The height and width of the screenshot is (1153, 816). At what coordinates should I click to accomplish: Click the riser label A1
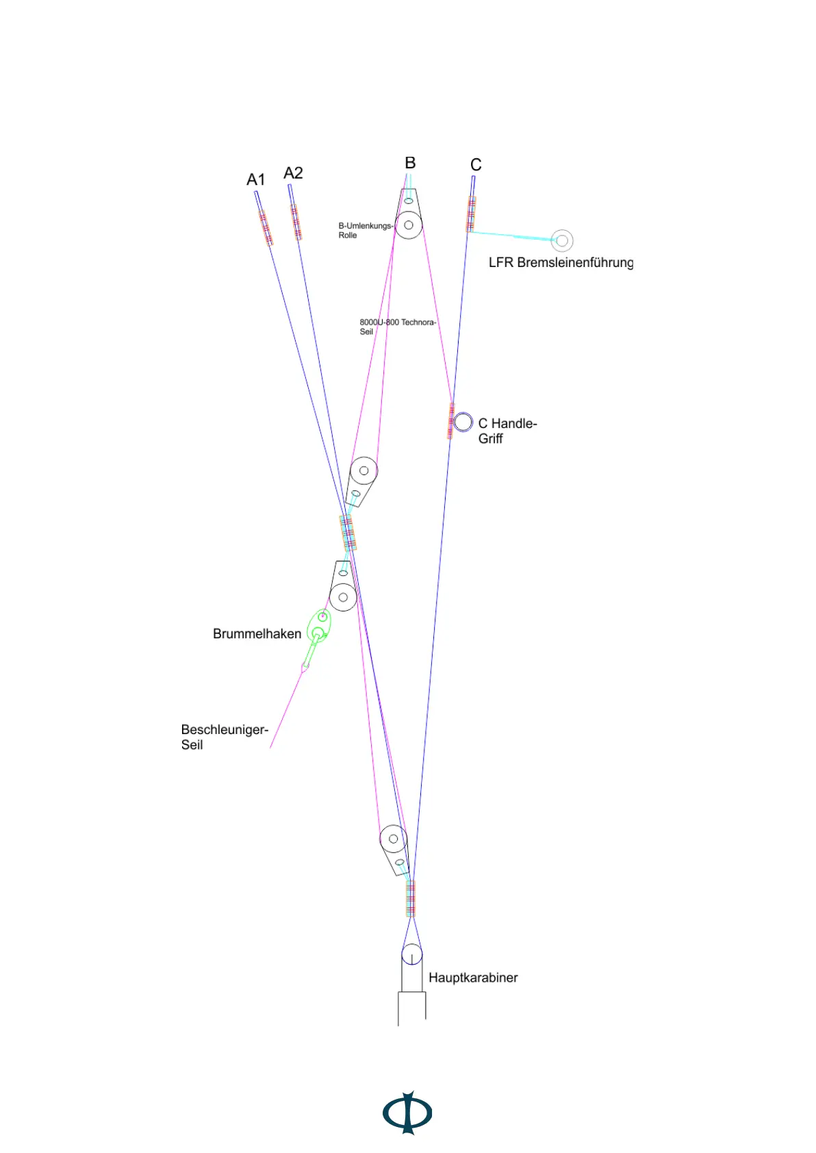tap(255, 180)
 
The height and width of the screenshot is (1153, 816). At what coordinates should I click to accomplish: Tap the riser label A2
tap(293, 173)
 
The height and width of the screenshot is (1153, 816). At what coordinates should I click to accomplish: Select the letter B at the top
tap(410, 163)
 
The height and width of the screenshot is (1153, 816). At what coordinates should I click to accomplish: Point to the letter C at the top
tap(476, 165)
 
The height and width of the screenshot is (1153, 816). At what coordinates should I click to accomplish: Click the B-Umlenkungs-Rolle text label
tap(365, 230)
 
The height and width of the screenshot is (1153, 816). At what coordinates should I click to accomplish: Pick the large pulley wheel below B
tap(409, 225)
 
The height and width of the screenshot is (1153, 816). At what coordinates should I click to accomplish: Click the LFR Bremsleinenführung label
tap(560, 263)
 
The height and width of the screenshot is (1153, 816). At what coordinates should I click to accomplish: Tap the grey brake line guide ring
tap(562, 241)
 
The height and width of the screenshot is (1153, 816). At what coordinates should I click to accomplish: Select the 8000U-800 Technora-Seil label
tap(397, 327)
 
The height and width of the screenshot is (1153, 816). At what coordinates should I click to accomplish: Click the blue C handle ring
tap(463, 422)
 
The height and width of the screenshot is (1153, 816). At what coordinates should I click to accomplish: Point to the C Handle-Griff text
tap(507, 431)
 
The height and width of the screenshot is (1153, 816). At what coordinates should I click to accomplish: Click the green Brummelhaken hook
tap(318, 627)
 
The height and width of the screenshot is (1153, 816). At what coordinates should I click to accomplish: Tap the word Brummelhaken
tap(257, 634)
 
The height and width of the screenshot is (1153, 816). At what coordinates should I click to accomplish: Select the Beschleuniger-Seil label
tap(224, 737)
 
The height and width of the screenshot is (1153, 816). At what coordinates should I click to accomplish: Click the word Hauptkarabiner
tap(472, 978)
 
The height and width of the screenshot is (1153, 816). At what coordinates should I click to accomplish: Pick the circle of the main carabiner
tap(411, 954)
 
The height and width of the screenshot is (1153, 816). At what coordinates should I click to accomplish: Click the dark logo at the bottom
tap(407, 1113)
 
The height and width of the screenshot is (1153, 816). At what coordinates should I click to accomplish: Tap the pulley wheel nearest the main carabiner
tap(394, 839)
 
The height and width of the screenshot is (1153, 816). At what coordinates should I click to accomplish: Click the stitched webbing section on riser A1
tap(266, 227)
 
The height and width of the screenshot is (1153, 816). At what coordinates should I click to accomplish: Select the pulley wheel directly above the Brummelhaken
tap(343, 597)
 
